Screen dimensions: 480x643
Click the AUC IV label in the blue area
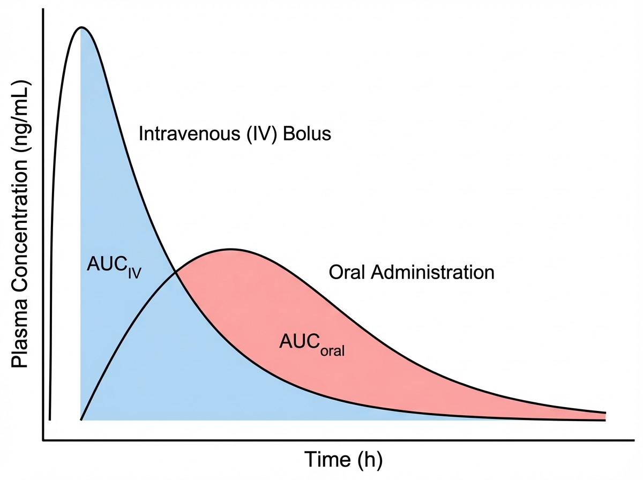[114, 266]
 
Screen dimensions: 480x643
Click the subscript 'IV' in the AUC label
[134, 273]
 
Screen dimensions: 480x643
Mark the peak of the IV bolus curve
[81, 27]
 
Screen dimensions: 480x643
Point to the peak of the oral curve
[230, 249]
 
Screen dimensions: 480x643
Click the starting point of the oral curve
[81, 419]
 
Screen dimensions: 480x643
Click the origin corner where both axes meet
[43, 441]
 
